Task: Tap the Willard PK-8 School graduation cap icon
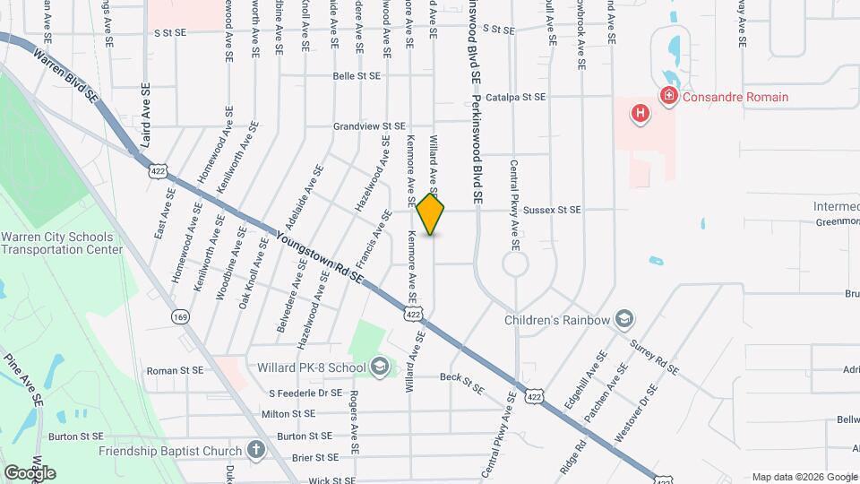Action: click(x=380, y=367)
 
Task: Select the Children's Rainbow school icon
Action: click(x=623, y=319)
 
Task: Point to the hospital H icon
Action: click(x=640, y=113)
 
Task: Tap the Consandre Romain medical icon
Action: click(x=667, y=96)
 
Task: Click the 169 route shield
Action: click(x=181, y=316)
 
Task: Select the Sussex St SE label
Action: click(x=552, y=210)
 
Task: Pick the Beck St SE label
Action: click(x=461, y=384)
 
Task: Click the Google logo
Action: click(x=30, y=472)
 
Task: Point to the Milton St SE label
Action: click(x=288, y=414)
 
